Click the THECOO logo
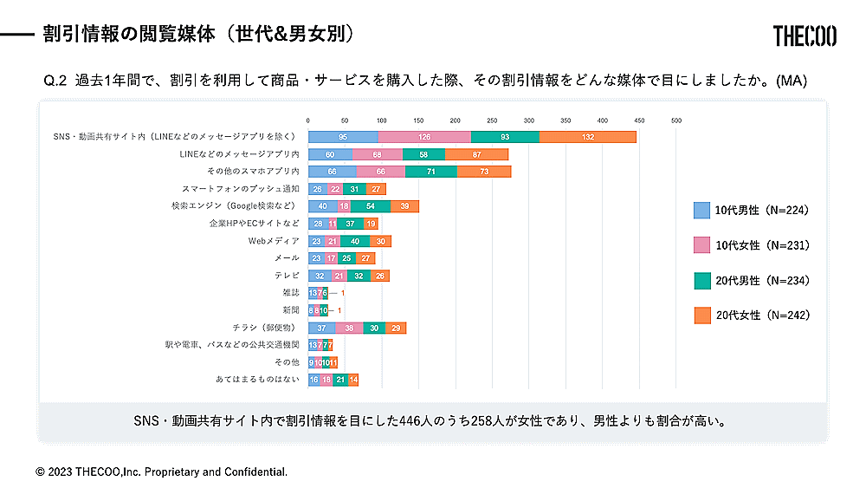[805, 36]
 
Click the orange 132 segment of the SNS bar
[588, 137]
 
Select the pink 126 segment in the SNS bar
[424, 137]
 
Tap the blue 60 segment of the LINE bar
[330, 154]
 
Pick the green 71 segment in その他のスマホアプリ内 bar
[430, 172]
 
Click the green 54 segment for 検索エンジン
[371, 206]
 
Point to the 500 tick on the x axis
[676, 120]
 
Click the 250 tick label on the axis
[493, 120]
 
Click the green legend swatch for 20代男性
[702, 280]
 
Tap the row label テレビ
[287, 276]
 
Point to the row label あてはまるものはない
[258, 380]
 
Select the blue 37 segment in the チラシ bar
[321, 328]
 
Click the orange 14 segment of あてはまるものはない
[353, 380]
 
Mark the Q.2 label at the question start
[55, 81]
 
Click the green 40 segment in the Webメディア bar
[355, 241]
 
